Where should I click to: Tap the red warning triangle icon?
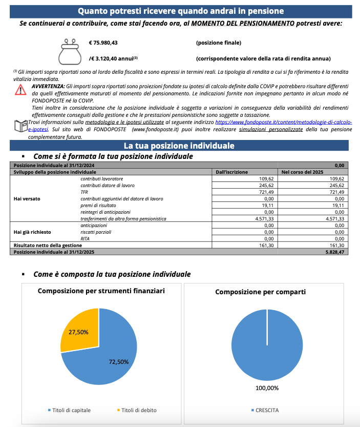(x=20, y=89)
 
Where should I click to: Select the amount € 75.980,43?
(x=107, y=43)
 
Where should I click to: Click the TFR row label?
(x=85, y=191)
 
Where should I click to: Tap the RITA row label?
(x=86, y=238)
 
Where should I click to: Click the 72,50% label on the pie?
(x=119, y=361)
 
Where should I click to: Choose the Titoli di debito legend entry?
(x=137, y=410)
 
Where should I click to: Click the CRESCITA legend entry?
(x=266, y=410)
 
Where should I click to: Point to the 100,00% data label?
(x=267, y=388)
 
